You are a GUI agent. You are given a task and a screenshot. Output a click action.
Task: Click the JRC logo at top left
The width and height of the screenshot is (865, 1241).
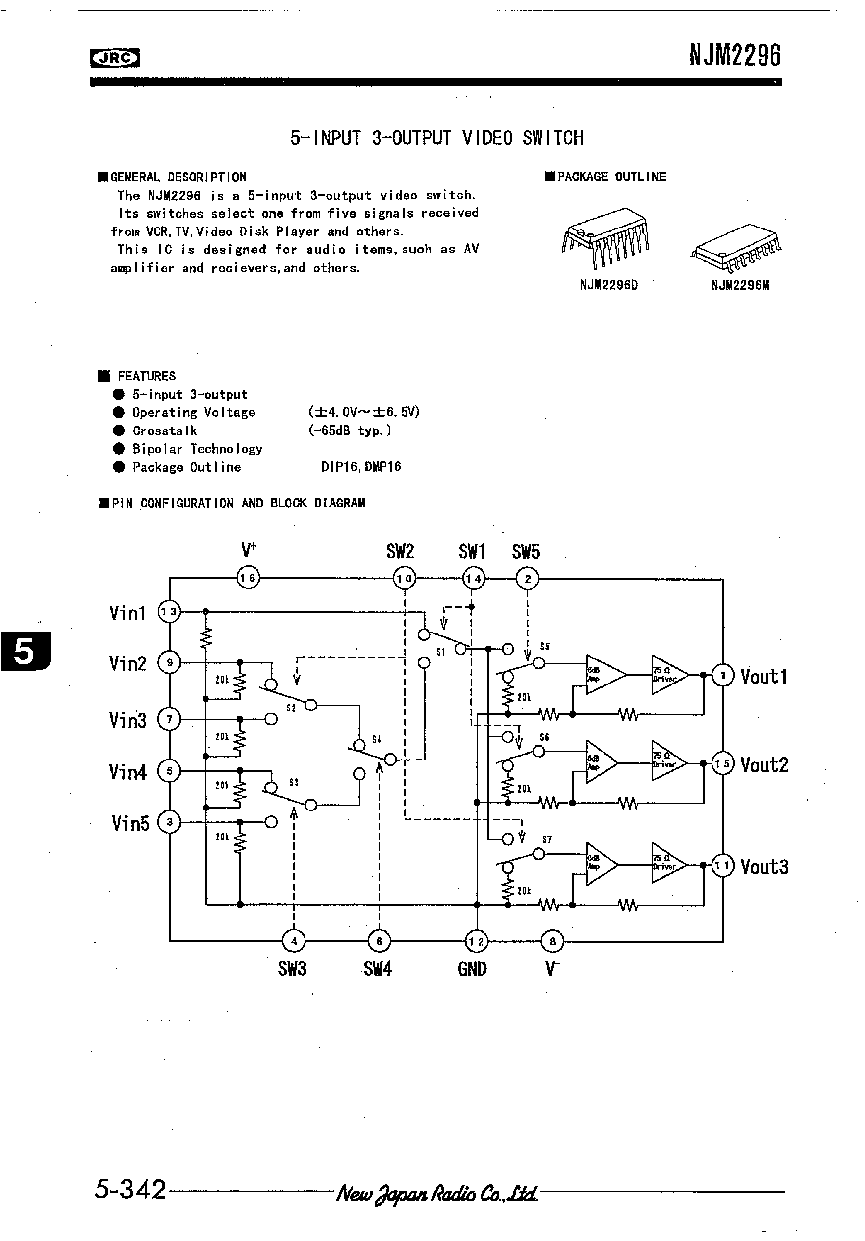point(115,58)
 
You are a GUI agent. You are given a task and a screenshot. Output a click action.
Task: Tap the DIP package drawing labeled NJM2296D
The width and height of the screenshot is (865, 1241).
point(606,238)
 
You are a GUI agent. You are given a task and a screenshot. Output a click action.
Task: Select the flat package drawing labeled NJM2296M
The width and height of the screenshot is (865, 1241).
point(737,248)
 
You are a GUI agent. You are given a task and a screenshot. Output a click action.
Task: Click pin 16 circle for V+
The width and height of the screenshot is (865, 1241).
point(248,578)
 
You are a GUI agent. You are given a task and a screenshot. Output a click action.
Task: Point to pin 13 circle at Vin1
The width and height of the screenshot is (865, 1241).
point(169,612)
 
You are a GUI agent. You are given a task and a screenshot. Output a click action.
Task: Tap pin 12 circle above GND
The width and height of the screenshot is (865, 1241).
point(476,941)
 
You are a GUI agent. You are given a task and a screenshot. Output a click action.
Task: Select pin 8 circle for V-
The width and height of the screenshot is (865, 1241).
point(552,941)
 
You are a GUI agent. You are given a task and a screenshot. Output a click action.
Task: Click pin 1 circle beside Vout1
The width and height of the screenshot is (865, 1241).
point(723,675)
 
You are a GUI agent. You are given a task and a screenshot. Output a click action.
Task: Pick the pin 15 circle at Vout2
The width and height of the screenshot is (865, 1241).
point(723,763)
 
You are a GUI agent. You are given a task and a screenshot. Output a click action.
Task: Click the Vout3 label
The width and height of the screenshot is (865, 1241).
point(764,867)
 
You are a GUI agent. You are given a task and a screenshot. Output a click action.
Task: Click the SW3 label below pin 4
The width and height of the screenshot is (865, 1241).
point(292,968)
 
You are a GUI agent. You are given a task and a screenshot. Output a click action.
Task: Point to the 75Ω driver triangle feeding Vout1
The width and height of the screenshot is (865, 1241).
point(668,675)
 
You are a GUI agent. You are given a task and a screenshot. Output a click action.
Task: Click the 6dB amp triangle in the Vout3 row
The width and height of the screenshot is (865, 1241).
point(600,865)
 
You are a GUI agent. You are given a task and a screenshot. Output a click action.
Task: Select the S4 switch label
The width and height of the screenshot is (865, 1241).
point(376,739)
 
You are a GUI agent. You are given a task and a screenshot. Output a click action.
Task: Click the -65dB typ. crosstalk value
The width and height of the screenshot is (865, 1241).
point(350,431)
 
